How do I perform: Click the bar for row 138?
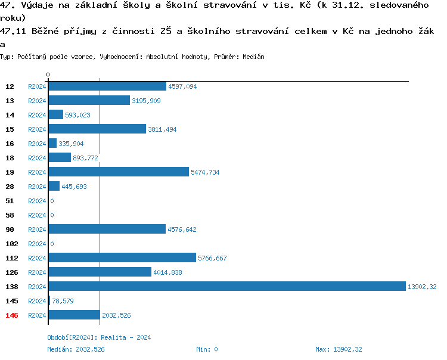226,287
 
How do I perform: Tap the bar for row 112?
122,258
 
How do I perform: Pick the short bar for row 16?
52,144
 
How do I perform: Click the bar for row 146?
73,315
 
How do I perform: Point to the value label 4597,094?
182,86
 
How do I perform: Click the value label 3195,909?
146,101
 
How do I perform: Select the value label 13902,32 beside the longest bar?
422,287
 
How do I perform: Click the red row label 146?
12,315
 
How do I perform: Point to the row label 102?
12,244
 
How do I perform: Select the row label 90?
10,229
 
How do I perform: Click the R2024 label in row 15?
37,129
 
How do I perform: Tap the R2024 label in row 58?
37,215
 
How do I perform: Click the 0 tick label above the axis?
48,75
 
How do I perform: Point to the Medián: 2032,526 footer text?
76,349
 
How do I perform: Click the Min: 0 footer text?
207,349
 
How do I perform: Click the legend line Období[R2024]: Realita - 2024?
99,337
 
